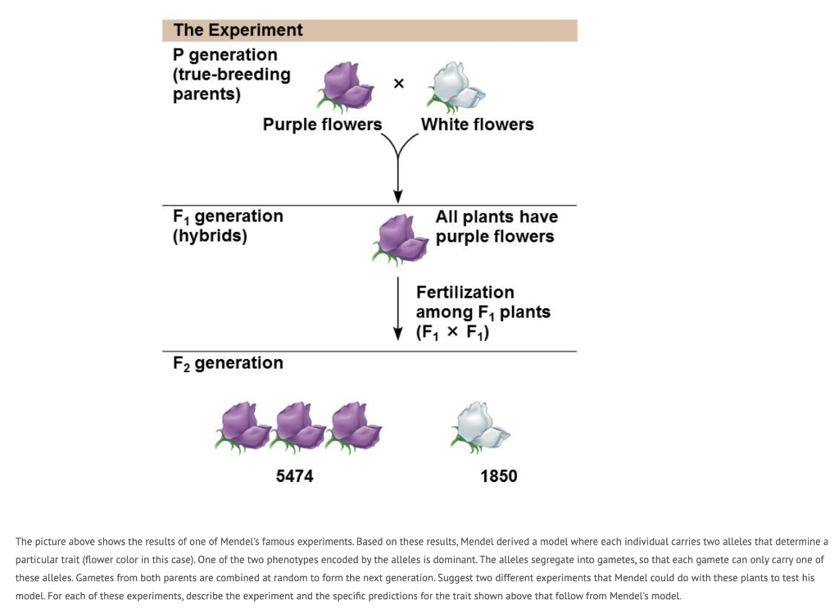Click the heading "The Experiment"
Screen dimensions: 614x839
click(x=238, y=30)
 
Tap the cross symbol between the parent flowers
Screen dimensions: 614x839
click(x=399, y=84)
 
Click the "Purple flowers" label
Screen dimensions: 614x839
click(x=322, y=125)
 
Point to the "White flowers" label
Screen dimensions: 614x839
click(x=477, y=125)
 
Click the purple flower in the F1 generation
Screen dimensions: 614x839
click(x=400, y=238)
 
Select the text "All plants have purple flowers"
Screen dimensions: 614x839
click(x=496, y=227)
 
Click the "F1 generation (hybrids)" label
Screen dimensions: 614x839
click(x=227, y=226)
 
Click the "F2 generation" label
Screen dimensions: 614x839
click(x=228, y=363)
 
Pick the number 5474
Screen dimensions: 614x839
click(x=294, y=476)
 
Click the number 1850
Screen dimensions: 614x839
click(x=498, y=476)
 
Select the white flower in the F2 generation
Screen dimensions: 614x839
click(x=478, y=426)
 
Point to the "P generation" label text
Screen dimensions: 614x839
click(x=225, y=55)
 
